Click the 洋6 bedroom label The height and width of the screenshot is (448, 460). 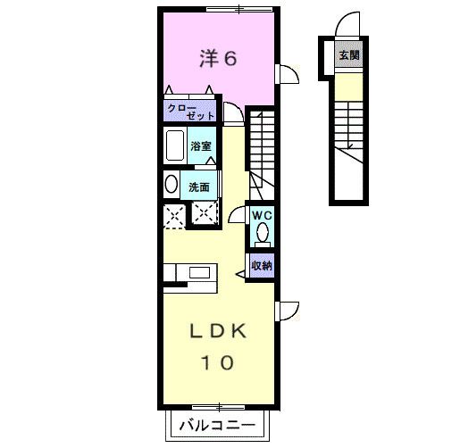coord(217,59)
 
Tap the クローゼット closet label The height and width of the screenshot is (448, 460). coord(185,112)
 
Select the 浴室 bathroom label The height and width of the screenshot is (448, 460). coord(200,145)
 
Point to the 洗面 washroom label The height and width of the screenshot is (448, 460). coord(199,187)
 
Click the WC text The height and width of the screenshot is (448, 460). coord(261,215)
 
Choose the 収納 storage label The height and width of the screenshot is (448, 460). coord(261,264)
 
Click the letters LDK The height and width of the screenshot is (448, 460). coord(217,331)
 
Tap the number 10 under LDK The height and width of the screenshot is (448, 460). coord(217,362)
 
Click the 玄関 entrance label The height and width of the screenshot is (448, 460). coord(348,55)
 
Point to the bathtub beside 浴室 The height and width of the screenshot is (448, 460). coord(175,145)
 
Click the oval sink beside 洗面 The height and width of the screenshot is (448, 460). coord(171,186)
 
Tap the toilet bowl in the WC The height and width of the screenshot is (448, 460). coord(262,234)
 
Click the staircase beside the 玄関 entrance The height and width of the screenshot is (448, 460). coord(348,125)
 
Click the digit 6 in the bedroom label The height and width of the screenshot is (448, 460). coord(230,59)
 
